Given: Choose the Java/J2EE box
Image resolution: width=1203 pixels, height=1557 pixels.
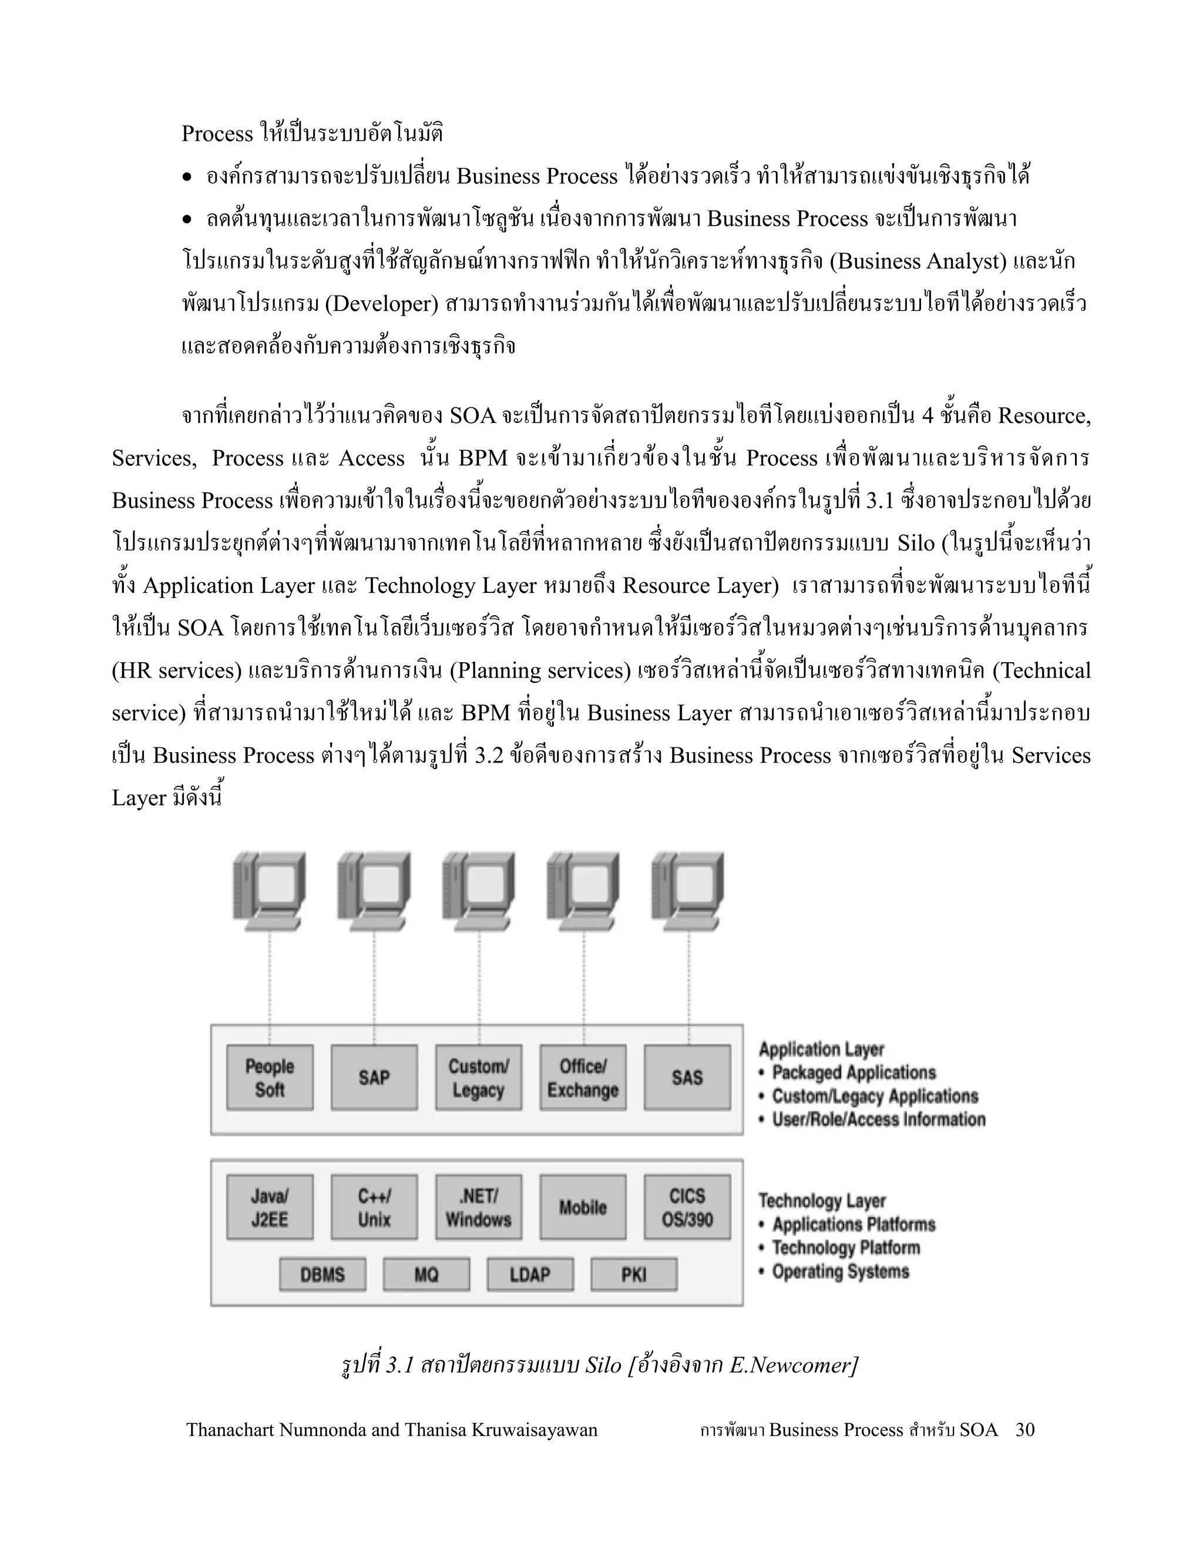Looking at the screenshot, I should (x=270, y=1207).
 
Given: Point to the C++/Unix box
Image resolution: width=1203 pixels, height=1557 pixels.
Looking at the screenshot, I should (x=374, y=1207).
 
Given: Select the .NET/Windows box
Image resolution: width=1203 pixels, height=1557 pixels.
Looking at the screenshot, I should (x=478, y=1207).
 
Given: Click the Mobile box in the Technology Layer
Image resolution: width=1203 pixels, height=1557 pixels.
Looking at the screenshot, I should (x=583, y=1207).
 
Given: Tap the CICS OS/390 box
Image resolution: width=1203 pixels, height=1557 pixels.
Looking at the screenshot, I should (x=687, y=1207).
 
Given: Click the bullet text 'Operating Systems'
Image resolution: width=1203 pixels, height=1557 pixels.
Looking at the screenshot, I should (x=840, y=1271).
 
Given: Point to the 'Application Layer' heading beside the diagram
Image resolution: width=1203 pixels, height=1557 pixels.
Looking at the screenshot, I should (x=821, y=1049).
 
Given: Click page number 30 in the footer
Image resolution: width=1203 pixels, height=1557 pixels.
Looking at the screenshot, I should (x=1025, y=1430).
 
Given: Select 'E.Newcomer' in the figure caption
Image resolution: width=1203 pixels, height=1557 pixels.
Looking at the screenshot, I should (x=791, y=1364).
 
